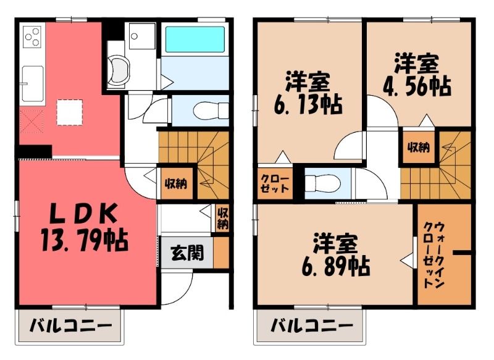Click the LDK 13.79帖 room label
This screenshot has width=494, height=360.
point(85,227)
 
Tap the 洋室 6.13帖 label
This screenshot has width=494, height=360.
point(308,93)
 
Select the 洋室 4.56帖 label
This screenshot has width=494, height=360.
point(417,75)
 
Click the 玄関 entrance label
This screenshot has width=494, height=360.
point(187,253)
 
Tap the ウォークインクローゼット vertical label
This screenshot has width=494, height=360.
point(433,255)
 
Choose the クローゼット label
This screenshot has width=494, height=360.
point(275,183)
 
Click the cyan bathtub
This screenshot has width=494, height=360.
point(195,40)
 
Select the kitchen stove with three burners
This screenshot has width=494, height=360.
point(32,36)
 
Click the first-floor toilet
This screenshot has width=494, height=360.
point(211,111)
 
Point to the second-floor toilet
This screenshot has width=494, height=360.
point(322,183)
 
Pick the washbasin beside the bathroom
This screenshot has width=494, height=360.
point(118,71)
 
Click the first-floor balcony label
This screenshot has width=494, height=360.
point(70,326)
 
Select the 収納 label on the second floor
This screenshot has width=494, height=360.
point(419,148)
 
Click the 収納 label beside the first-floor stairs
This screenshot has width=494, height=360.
point(176,183)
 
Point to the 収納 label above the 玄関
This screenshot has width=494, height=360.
point(222,219)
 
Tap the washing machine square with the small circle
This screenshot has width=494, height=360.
point(142,36)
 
